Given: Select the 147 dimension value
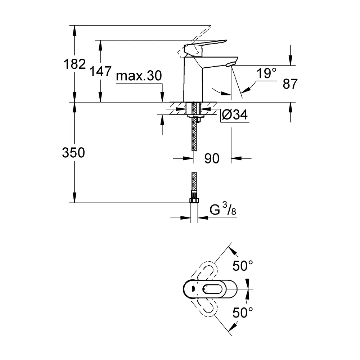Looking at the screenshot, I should coord(101,72).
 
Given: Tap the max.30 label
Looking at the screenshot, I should coord(139,76).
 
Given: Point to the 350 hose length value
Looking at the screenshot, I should coord(73,153).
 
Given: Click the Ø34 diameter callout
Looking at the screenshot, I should coord(234,115).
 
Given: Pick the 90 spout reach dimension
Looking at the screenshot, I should coord(212,158).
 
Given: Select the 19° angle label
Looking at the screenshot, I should coord(266,74).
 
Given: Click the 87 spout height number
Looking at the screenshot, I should coord(290,84).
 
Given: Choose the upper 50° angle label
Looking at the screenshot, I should coord(243,266).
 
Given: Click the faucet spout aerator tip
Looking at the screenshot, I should coord(229,64).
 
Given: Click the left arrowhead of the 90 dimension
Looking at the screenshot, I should coord(190,158).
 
